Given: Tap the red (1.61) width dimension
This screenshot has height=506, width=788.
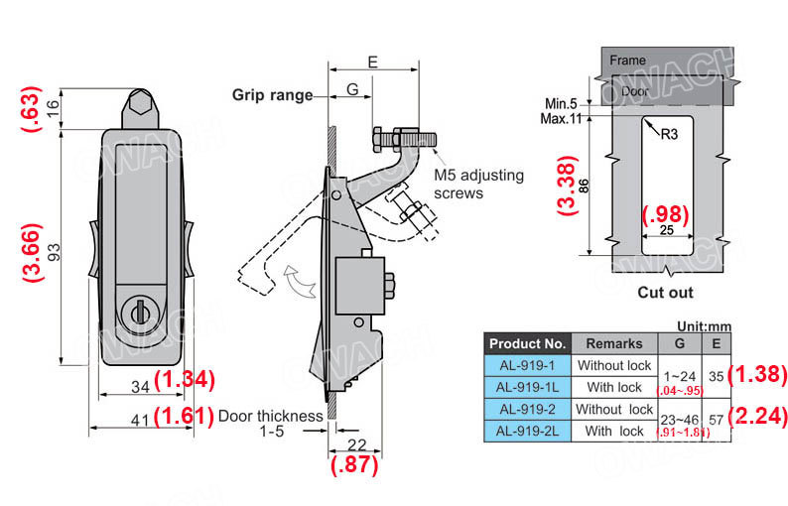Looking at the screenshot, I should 185,415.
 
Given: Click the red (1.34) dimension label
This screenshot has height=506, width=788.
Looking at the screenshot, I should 185,378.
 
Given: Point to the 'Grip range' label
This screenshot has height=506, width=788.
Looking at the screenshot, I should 272,95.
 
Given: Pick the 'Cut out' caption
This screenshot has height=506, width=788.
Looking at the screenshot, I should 665,293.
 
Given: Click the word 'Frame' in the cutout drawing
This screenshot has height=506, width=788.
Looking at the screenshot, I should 627,61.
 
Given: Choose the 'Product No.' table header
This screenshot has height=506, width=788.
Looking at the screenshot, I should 527,343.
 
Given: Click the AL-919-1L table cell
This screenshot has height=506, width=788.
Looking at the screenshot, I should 527,387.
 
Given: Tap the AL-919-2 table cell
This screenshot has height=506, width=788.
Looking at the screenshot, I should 527,409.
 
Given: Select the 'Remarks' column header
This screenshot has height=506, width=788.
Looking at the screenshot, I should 614,343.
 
